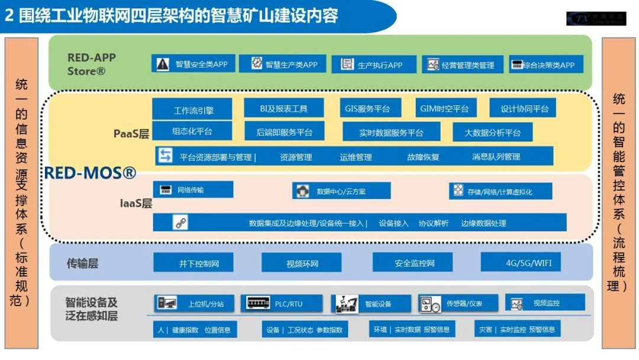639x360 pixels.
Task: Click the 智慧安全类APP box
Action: coord(193,64)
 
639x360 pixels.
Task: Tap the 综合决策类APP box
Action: coord(547,65)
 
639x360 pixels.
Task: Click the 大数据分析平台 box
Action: coord(492,132)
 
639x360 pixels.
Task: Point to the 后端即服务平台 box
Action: coord(284,132)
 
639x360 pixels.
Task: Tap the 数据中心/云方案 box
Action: coord(341,191)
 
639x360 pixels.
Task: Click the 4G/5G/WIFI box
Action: coord(521,262)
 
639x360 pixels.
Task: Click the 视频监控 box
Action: coord(545,303)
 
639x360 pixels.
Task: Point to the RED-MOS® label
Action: coord(91,173)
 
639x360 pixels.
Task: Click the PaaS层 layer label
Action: coord(131,133)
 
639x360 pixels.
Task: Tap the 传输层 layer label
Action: coord(82,263)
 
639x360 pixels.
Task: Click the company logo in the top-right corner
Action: coord(595,18)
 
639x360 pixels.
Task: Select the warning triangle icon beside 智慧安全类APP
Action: coord(162,63)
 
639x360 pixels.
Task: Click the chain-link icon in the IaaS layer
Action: coord(180,223)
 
